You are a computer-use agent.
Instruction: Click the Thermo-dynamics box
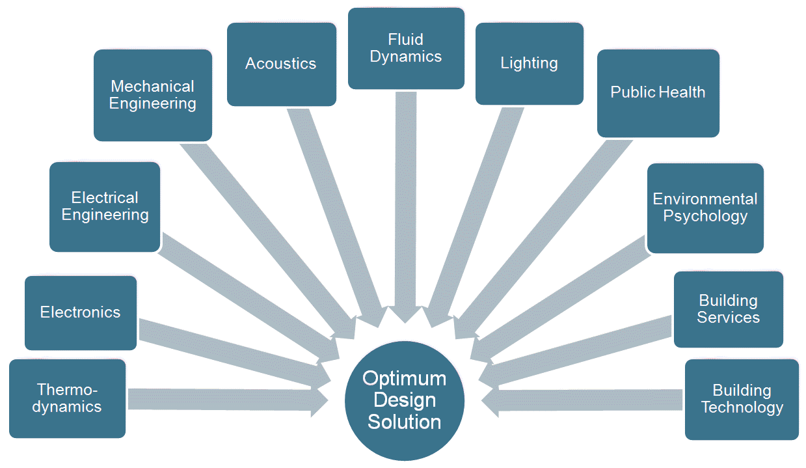[67, 398]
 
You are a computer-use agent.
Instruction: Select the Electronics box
[81, 313]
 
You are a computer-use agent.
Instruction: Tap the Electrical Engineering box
[105, 206]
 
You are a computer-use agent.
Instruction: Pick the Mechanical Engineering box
[153, 95]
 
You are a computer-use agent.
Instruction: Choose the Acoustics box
[281, 64]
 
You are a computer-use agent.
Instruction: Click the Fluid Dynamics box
[406, 48]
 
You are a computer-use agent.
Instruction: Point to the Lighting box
[529, 63]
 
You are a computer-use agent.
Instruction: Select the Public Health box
[658, 93]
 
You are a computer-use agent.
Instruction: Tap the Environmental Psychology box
[705, 208]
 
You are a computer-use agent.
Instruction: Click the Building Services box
[728, 309]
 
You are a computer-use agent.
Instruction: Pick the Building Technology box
[742, 399]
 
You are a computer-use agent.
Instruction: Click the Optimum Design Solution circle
[405, 400]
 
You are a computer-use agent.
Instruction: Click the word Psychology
[705, 216]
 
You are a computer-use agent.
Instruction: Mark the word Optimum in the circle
[405, 378]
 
